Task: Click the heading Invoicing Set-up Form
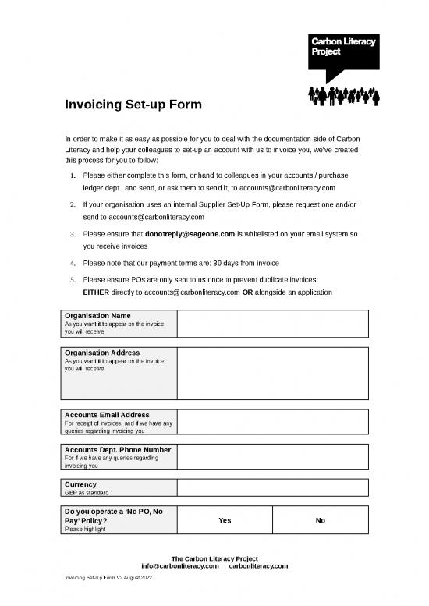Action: [x=133, y=105]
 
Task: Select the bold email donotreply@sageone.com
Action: [x=190, y=233]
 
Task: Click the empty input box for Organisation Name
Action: [x=272, y=323]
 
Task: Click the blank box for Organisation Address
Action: [x=272, y=373]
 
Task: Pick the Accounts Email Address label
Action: [x=107, y=414]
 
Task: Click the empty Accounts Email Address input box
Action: [x=272, y=421]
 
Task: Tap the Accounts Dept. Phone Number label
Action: [x=117, y=449]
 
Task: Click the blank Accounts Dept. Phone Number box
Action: [x=272, y=457]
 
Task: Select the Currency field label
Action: [x=81, y=484]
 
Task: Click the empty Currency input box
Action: [x=272, y=488]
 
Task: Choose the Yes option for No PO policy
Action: [x=225, y=521]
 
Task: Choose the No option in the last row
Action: [x=320, y=521]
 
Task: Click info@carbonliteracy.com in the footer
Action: [x=179, y=566]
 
